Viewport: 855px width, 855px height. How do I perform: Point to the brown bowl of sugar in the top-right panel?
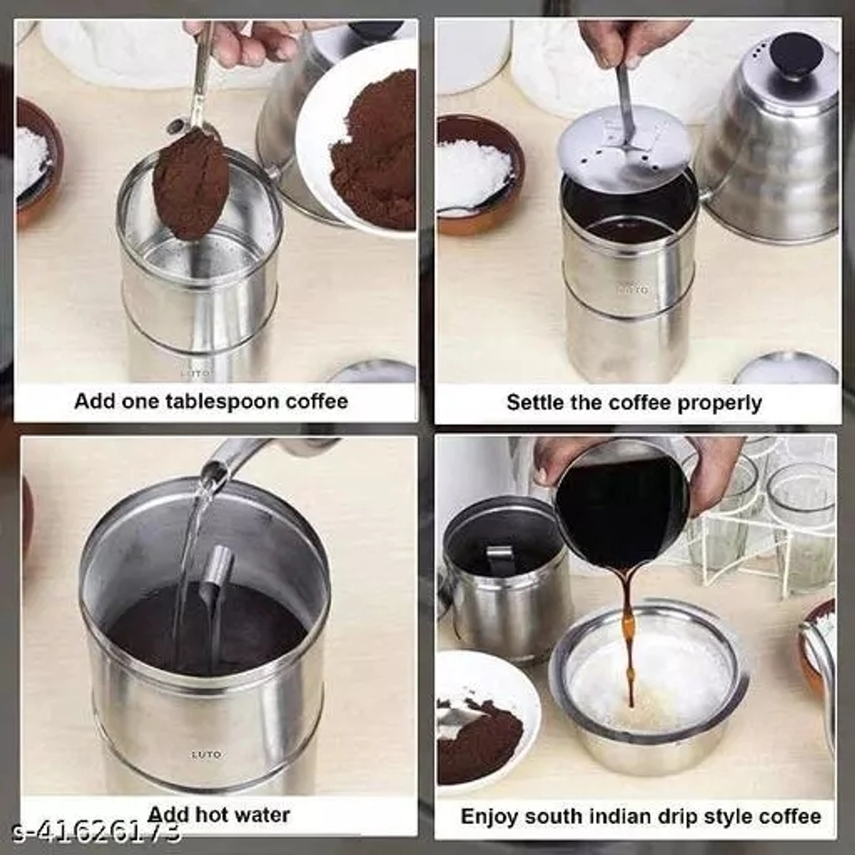(x=475, y=175)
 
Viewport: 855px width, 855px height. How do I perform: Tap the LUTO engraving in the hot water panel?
(x=207, y=754)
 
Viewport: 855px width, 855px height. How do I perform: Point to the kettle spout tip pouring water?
(x=214, y=470)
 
